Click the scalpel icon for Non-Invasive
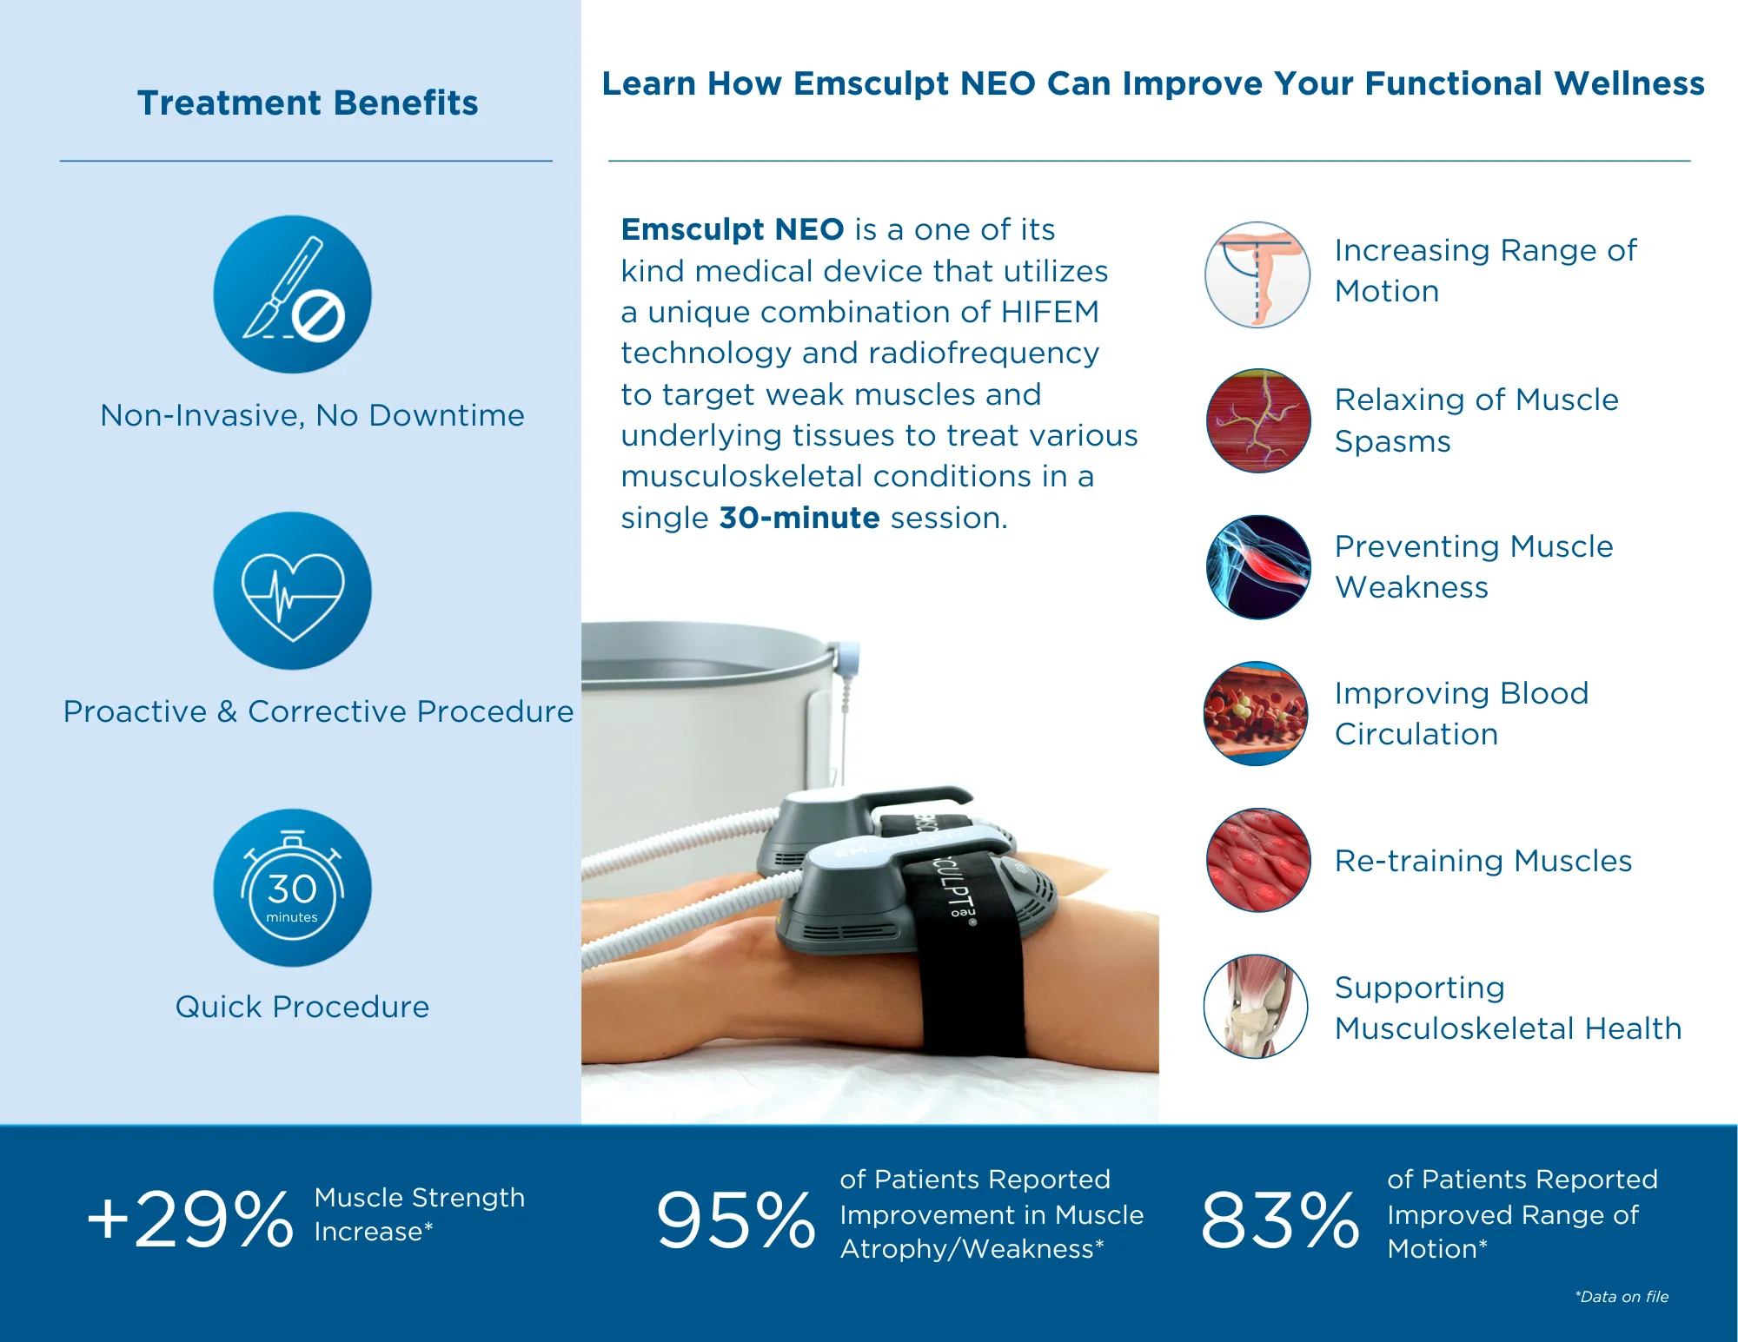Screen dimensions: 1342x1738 coord(292,294)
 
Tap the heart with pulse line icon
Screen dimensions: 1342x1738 coord(292,592)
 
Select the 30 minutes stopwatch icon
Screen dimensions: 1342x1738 coord(292,888)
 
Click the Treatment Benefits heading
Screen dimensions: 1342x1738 coord(308,102)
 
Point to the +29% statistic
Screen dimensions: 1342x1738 coord(191,1220)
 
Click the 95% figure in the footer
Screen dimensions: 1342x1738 coord(735,1220)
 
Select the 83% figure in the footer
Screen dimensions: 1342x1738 coord(1279,1220)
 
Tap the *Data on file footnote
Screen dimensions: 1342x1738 coord(1622,1297)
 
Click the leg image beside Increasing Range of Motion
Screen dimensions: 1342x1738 coord(1257,274)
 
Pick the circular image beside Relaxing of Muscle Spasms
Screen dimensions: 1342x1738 coord(1257,420)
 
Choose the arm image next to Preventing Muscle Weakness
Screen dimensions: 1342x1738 coord(1257,567)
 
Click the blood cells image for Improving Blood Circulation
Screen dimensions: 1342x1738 coord(1256,713)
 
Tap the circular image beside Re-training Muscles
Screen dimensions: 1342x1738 coord(1257,860)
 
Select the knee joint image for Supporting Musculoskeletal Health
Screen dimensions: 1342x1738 coord(1256,1007)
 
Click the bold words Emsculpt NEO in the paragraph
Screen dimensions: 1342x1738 coord(732,229)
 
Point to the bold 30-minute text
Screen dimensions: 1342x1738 coord(799,518)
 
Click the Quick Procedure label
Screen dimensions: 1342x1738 coord(302,1007)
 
